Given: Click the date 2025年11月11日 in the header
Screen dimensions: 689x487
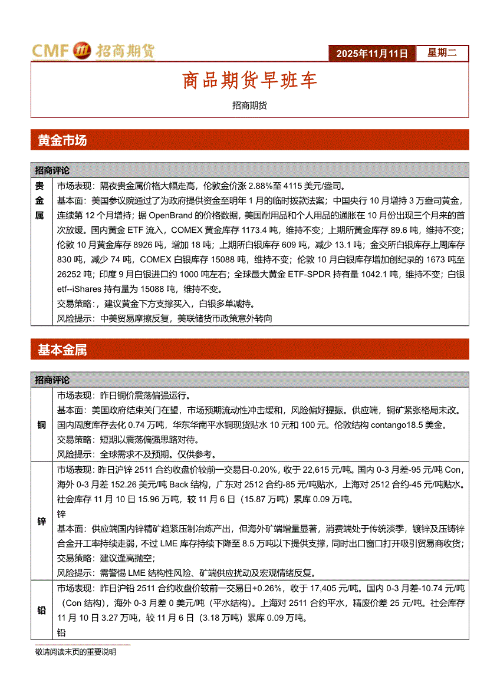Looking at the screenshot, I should coord(372,54).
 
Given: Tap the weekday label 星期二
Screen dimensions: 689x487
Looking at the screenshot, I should coord(442,53).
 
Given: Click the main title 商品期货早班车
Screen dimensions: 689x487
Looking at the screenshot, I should coord(249,81).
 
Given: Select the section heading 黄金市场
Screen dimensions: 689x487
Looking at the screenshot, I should coord(62,140).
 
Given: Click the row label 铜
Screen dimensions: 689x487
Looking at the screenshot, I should coord(42,424).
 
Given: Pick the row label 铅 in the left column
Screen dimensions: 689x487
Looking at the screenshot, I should coord(42,611).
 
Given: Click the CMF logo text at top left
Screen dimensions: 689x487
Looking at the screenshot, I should coord(51,51).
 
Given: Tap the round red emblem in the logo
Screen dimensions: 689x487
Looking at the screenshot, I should coord(82,52).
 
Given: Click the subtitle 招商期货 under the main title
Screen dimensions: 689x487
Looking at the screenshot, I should coord(249,106).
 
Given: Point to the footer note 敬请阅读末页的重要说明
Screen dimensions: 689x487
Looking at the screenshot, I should coord(75,652).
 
